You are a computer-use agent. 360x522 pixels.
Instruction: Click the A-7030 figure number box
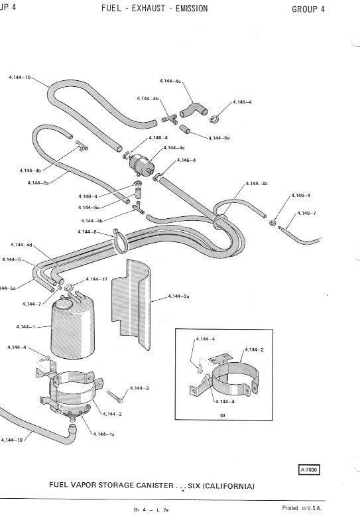pos(309,470)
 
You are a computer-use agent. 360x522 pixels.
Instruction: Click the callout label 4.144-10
pos(20,78)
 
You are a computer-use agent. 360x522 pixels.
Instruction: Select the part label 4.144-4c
pos(170,81)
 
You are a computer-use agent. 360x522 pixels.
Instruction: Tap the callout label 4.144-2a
pos(178,296)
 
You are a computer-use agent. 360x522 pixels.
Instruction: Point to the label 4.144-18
pos(12,440)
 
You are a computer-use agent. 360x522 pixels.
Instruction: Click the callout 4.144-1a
pos(104,434)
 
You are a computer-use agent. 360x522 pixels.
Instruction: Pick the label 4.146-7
pos(306,213)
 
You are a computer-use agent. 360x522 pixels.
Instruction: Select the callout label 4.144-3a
pos(256,183)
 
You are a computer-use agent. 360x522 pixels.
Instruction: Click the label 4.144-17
pos(97,279)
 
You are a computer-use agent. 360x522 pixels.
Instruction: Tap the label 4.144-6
pos(87,231)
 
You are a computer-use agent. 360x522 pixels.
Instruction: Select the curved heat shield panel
pos(131,304)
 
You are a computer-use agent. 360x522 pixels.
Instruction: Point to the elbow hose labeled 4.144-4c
pos(194,110)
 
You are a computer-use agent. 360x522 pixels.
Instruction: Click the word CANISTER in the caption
pos(154,486)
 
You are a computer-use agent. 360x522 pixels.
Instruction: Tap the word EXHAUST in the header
pos(149,9)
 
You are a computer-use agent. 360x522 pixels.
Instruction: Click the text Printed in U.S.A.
pos(302,508)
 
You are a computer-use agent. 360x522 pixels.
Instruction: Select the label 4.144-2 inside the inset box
pos(254,350)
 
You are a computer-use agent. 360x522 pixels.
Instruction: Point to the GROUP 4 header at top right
pos(308,9)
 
